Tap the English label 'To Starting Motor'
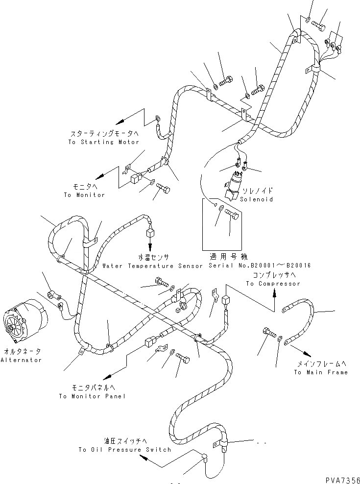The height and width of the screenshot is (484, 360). click(104, 142)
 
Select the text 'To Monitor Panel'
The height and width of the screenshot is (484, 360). click(92, 396)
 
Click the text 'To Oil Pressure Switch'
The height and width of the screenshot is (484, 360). click(124, 449)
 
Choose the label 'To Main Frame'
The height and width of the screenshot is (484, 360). click(321, 372)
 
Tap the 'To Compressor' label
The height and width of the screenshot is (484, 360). click(273, 284)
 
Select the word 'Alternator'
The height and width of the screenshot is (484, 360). click(21, 360)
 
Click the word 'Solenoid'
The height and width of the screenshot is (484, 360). click(257, 199)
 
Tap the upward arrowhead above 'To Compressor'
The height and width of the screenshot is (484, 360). click(273, 293)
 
